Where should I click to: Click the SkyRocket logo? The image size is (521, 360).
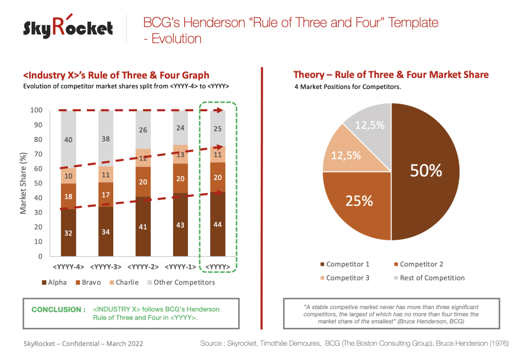(x=68, y=28)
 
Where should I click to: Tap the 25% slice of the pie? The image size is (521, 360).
(x=360, y=201)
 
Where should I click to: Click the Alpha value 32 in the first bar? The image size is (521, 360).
(x=68, y=233)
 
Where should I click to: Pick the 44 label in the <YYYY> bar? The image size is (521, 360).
(x=218, y=224)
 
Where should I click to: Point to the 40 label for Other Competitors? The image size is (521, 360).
(x=68, y=140)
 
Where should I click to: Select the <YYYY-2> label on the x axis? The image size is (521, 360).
(x=143, y=266)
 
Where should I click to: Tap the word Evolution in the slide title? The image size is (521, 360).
(x=175, y=38)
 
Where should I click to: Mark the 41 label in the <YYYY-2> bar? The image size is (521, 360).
(x=143, y=227)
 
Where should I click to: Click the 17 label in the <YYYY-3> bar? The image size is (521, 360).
(x=106, y=195)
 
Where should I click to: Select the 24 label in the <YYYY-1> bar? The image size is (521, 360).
(x=181, y=128)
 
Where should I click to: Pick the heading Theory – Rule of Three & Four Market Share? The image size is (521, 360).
(x=391, y=75)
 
